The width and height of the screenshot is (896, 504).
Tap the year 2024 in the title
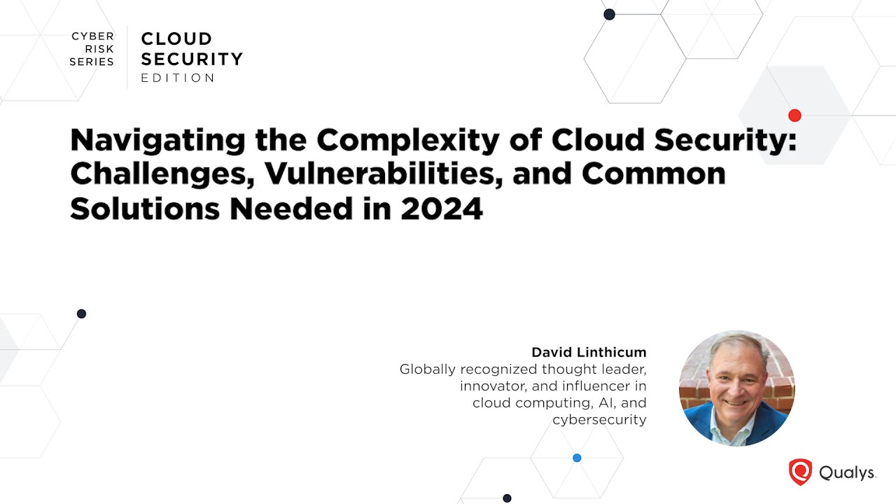(442, 209)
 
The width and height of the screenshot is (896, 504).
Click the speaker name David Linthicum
(589, 352)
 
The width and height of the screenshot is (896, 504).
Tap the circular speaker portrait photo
(736, 388)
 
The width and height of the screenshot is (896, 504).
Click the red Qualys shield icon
(800, 472)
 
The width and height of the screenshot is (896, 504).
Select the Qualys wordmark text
(847, 473)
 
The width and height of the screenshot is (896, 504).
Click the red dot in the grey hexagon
(794, 115)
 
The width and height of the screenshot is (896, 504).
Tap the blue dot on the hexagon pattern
(577, 458)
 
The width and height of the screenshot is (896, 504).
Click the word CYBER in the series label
(92, 36)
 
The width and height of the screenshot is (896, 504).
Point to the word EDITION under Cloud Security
(178, 78)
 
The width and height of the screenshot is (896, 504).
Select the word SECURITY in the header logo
(192, 59)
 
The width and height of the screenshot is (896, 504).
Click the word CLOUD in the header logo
(176, 39)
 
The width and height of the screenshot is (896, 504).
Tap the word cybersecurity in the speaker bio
(599, 420)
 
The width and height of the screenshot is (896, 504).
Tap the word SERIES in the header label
(92, 62)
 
